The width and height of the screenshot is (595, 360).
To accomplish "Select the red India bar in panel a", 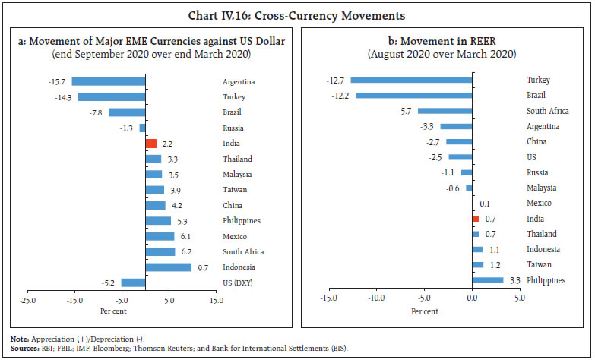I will (150, 144).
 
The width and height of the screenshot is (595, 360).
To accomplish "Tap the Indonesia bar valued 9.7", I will (168, 267).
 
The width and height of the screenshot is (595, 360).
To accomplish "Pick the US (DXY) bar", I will (133, 283).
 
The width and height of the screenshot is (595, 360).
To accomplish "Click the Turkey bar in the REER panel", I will (411, 80).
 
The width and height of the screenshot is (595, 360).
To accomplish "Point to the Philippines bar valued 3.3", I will (488, 280).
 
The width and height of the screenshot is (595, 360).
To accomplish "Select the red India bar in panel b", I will (475, 219).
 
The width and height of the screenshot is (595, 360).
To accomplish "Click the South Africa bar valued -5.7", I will (445, 111).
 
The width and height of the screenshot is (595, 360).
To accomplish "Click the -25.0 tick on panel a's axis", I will (28, 300).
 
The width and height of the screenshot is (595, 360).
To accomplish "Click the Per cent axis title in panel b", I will (424, 311).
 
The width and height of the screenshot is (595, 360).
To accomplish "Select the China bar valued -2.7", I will (459, 141).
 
